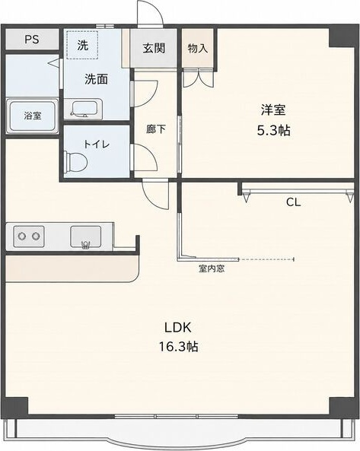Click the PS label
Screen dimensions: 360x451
tap(32, 39)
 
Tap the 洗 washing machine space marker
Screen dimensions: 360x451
tap(83, 45)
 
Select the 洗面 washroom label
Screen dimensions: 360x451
tap(96, 79)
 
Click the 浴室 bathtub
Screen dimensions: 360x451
tap(32, 116)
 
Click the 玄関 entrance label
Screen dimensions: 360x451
tap(154, 48)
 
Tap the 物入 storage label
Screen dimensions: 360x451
tap(198, 49)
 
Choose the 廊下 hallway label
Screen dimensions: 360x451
tap(156, 129)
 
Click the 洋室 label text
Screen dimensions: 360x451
tap(273, 110)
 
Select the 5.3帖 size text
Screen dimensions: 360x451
tap(273, 131)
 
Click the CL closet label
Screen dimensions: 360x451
tap(293, 202)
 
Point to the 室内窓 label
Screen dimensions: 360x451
tap(212, 268)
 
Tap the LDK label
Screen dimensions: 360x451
tap(177, 328)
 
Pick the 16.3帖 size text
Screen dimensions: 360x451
tap(178, 347)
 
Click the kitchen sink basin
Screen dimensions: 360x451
tap(86, 237)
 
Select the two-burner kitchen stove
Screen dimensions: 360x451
tap(29, 237)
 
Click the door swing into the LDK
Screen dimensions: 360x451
tap(155, 195)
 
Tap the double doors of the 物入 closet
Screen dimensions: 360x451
tap(199, 78)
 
